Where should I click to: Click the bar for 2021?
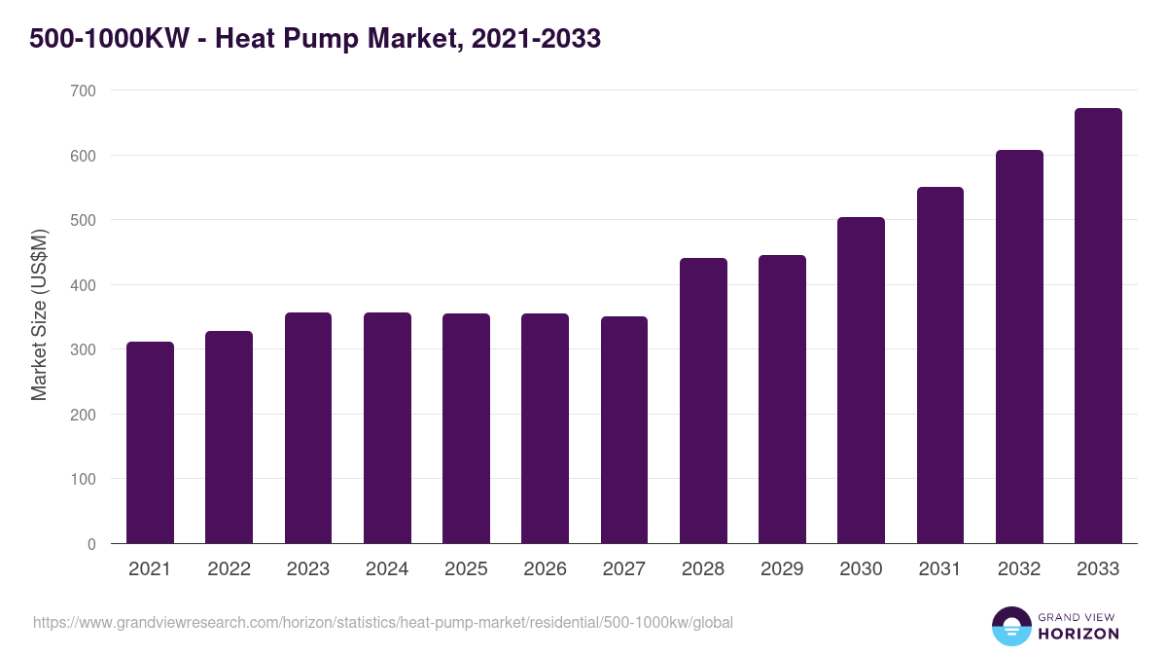point(150,443)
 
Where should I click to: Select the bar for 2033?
point(1098,326)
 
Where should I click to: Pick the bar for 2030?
point(861,381)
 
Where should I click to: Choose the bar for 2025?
point(466,428)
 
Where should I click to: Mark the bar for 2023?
point(308,428)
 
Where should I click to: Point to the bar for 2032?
point(1019,347)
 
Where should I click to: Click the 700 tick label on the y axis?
point(83,91)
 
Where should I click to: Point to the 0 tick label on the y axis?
point(91,544)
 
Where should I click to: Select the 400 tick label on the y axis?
point(83,285)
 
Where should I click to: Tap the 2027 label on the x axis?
point(624,569)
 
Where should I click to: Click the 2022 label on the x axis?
point(229,569)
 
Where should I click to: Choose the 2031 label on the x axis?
point(940,569)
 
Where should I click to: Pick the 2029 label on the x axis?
point(782,569)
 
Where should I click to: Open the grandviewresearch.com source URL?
point(382,622)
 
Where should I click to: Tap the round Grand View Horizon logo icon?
point(1011,626)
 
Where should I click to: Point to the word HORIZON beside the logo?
point(1078,634)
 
